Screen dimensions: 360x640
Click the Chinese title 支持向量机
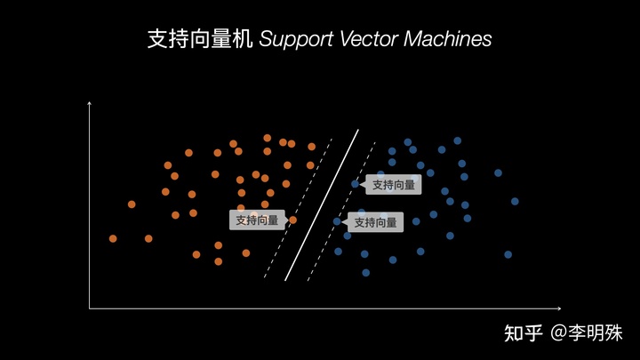coord(201,40)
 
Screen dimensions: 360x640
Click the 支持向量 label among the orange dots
coord(257,220)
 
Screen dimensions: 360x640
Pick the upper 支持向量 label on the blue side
coord(394,185)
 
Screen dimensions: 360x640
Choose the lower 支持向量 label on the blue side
coord(375,222)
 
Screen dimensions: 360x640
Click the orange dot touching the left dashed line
coord(293,220)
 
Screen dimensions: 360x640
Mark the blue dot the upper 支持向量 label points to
coord(355,184)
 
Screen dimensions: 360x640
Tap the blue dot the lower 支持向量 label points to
coord(336,221)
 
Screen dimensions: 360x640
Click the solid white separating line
coord(322,204)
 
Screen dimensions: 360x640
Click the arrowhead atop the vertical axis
coord(90,104)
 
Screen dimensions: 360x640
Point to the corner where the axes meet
coord(90,308)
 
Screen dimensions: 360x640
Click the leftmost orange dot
coord(113,238)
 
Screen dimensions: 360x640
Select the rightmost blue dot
coord(515,201)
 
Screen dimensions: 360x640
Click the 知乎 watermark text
coord(523,334)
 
